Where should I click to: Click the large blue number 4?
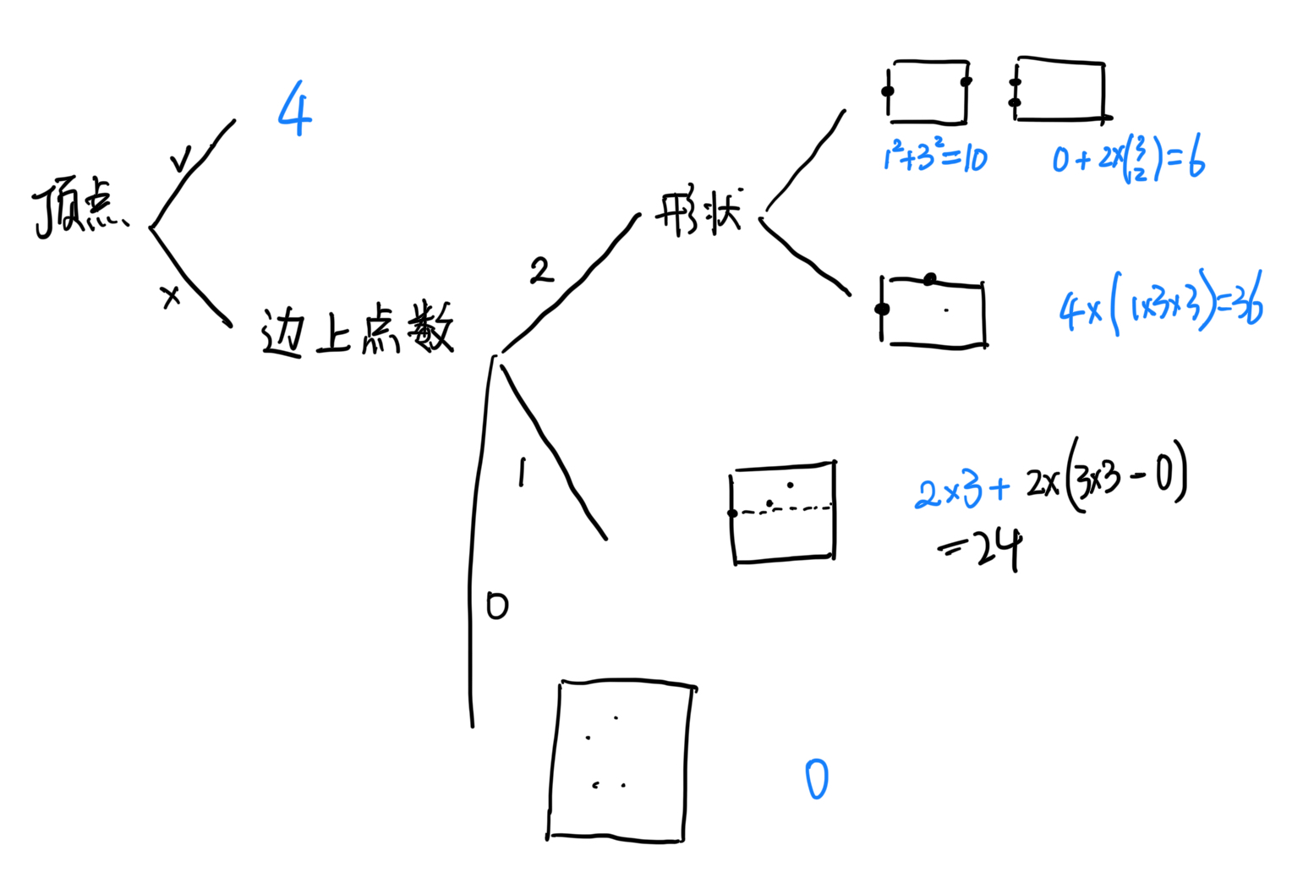tap(295, 109)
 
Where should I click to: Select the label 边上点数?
tap(357, 330)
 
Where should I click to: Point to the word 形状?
tap(698, 213)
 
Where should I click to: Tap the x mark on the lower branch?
tap(171, 296)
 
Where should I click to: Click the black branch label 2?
tap(540, 271)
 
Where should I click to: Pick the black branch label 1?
tap(522, 473)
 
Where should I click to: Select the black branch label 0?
tap(496, 606)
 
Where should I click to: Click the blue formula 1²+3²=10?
tap(934, 157)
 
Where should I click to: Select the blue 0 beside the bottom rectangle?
tap(816, 779)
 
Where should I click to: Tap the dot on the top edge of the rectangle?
tap(930, 279)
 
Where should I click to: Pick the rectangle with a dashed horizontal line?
tap(783, 511)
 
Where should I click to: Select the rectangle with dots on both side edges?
tap(928, 91)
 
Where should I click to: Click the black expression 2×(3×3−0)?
tap(1106, 479)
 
